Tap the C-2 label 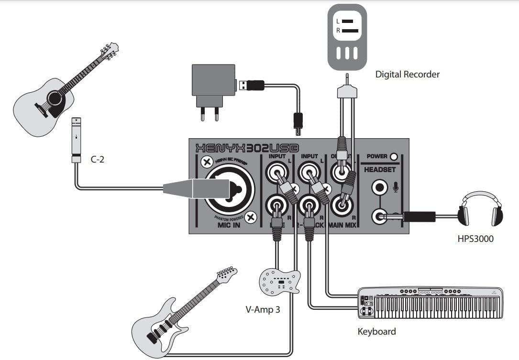pyautogui.click(x=98, y=160)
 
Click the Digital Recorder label pyautogui.click(x=407, y=74)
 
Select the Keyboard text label pyautogui.click(x=376, y=331)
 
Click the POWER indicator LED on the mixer pyautogui.click(x=394, y=156)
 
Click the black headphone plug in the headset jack pyautogui.click(x=419, y=217)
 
